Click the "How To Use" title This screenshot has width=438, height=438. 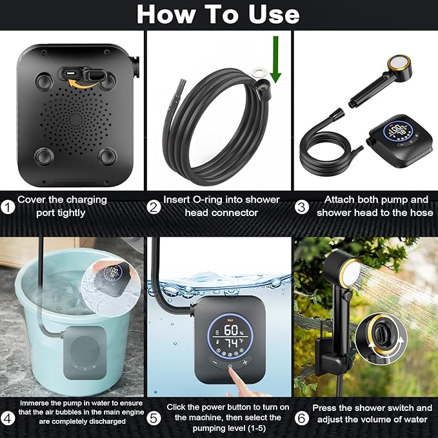pos(218,14)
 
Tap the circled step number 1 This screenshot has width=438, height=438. pos(7,207)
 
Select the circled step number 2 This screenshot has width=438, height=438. pos(154,207)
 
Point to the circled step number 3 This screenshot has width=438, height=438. pos(302,207)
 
